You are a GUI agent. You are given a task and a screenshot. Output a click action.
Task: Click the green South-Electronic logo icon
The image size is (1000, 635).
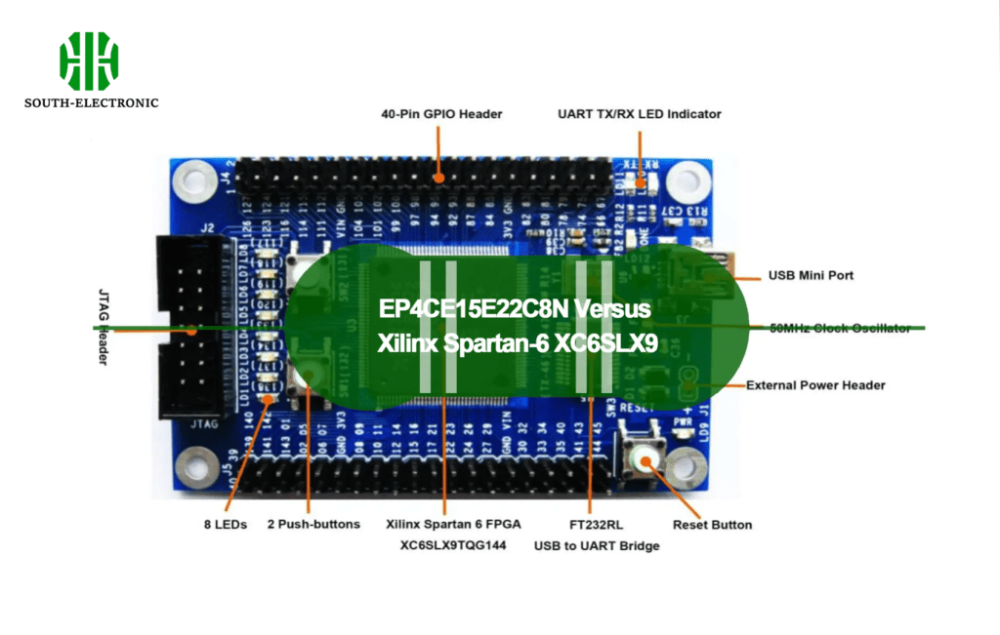[x=89, y=60]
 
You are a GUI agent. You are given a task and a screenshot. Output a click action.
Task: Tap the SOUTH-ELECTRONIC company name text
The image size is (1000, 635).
[x=92, y=102]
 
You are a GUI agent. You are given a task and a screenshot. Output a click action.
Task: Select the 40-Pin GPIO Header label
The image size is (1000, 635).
[x=441, y=114]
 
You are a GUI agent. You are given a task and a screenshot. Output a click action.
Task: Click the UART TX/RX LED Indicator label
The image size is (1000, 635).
[x=639, y=114]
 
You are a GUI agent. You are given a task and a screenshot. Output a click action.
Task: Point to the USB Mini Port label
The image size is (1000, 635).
[x=811, y=276]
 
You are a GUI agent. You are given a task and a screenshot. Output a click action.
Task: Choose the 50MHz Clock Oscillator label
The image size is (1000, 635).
[x=840, y=328]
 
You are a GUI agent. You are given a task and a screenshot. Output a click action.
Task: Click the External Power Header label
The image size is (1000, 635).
[x=815, y=385]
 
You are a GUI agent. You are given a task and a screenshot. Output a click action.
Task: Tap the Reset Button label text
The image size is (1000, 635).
[x=712, y=525]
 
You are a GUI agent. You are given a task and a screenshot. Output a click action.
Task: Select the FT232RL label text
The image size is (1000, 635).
[x=596, y=525]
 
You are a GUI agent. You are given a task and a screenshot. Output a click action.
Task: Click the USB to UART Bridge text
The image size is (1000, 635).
[x=596, y=546]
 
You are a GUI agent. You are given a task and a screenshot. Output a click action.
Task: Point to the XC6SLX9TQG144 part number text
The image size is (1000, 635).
[x=453, y=546]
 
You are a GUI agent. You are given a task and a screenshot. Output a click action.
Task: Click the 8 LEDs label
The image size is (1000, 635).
[x=226, y=525]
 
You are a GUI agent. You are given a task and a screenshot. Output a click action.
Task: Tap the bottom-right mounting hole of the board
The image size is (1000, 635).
[x=690, y=470]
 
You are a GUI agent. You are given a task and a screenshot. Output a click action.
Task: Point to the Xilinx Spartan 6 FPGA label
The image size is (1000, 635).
[x=453, y=525]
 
